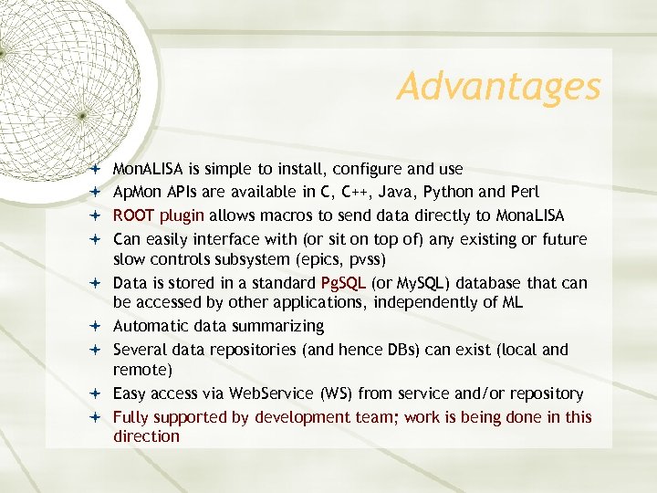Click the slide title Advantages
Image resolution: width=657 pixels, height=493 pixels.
click(499, 88)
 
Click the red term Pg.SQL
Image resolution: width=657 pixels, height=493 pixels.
click(343, 283)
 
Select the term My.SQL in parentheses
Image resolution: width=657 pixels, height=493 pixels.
click(420, 283)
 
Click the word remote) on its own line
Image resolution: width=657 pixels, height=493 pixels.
click(141, 370)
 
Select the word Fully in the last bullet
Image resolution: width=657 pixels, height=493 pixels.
click(130, 417)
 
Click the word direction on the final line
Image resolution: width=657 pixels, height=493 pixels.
click(146, 436)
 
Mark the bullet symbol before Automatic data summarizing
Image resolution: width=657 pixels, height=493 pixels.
click(96, 327)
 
